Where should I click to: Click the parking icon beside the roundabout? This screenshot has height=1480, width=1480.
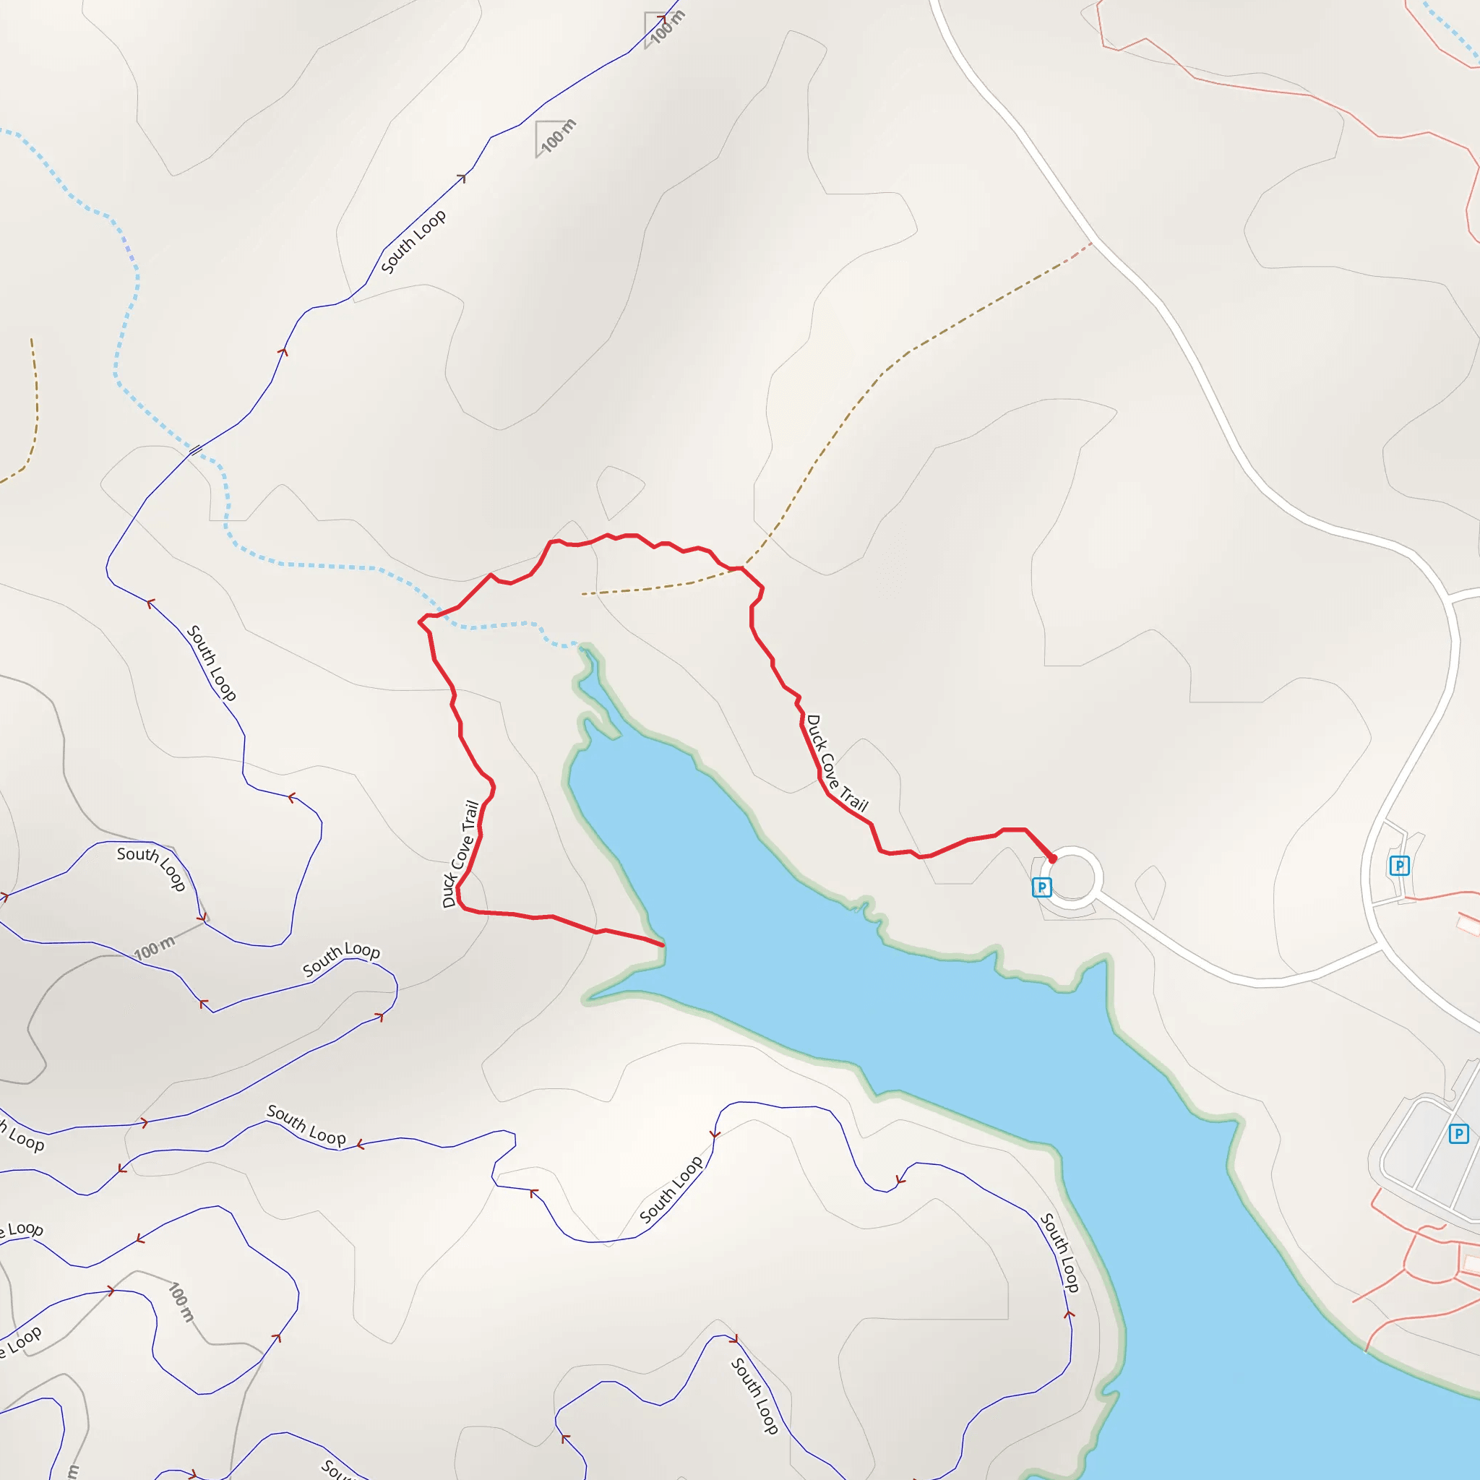point(1041,887)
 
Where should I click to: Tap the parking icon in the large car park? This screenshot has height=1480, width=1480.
point(1458,1133)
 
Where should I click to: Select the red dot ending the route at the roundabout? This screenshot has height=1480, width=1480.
point(1052,859)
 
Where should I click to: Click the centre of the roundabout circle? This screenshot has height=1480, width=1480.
point(1071,878)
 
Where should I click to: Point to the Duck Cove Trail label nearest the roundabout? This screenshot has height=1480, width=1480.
point(837,763)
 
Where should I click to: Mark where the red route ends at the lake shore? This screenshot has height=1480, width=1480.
point(663,945)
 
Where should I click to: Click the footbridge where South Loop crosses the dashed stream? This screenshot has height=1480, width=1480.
point(195,449)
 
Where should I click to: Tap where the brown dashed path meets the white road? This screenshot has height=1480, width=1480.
point(1090,244)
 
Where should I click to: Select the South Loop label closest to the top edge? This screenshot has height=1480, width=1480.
point(413,241)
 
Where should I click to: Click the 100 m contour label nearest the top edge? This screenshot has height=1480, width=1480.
point(667,26)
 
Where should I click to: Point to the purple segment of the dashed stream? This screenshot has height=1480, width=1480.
point(128,247)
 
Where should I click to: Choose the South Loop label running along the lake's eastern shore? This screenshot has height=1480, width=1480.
point(1060,1252)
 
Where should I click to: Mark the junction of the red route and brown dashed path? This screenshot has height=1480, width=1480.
point(741,569)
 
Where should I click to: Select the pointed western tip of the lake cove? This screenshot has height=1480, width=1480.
point(586,1000)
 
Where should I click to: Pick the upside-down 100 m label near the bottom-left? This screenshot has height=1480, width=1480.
point(181,1302)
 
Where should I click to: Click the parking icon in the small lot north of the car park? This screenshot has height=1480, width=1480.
point(1400,866)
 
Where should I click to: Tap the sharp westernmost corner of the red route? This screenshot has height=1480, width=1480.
point(419,622)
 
